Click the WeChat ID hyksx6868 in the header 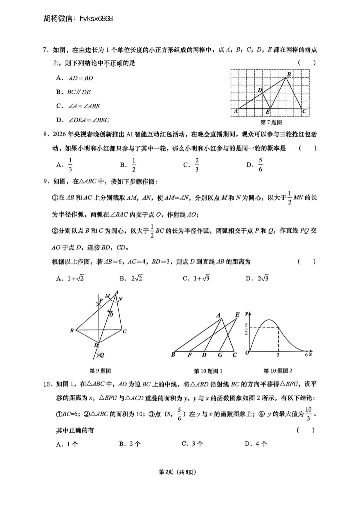tap(96, 18)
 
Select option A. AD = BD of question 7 tap(75, 78)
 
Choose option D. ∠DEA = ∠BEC tap(83, 120)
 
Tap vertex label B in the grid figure tap(289, 74)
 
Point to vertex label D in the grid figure tap(260, 90)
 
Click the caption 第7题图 tap(271, 122)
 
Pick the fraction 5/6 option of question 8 tap(255, 164)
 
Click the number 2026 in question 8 tap(60, 134)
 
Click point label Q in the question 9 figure tap(102, 356)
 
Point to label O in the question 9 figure tap(111, 314)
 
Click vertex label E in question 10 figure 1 tap(237, 315)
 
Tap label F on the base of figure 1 tap(189, 355)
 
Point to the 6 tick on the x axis tap(306, 355)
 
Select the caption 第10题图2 tap(278, 371)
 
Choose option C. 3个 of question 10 tap(192, 444)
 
